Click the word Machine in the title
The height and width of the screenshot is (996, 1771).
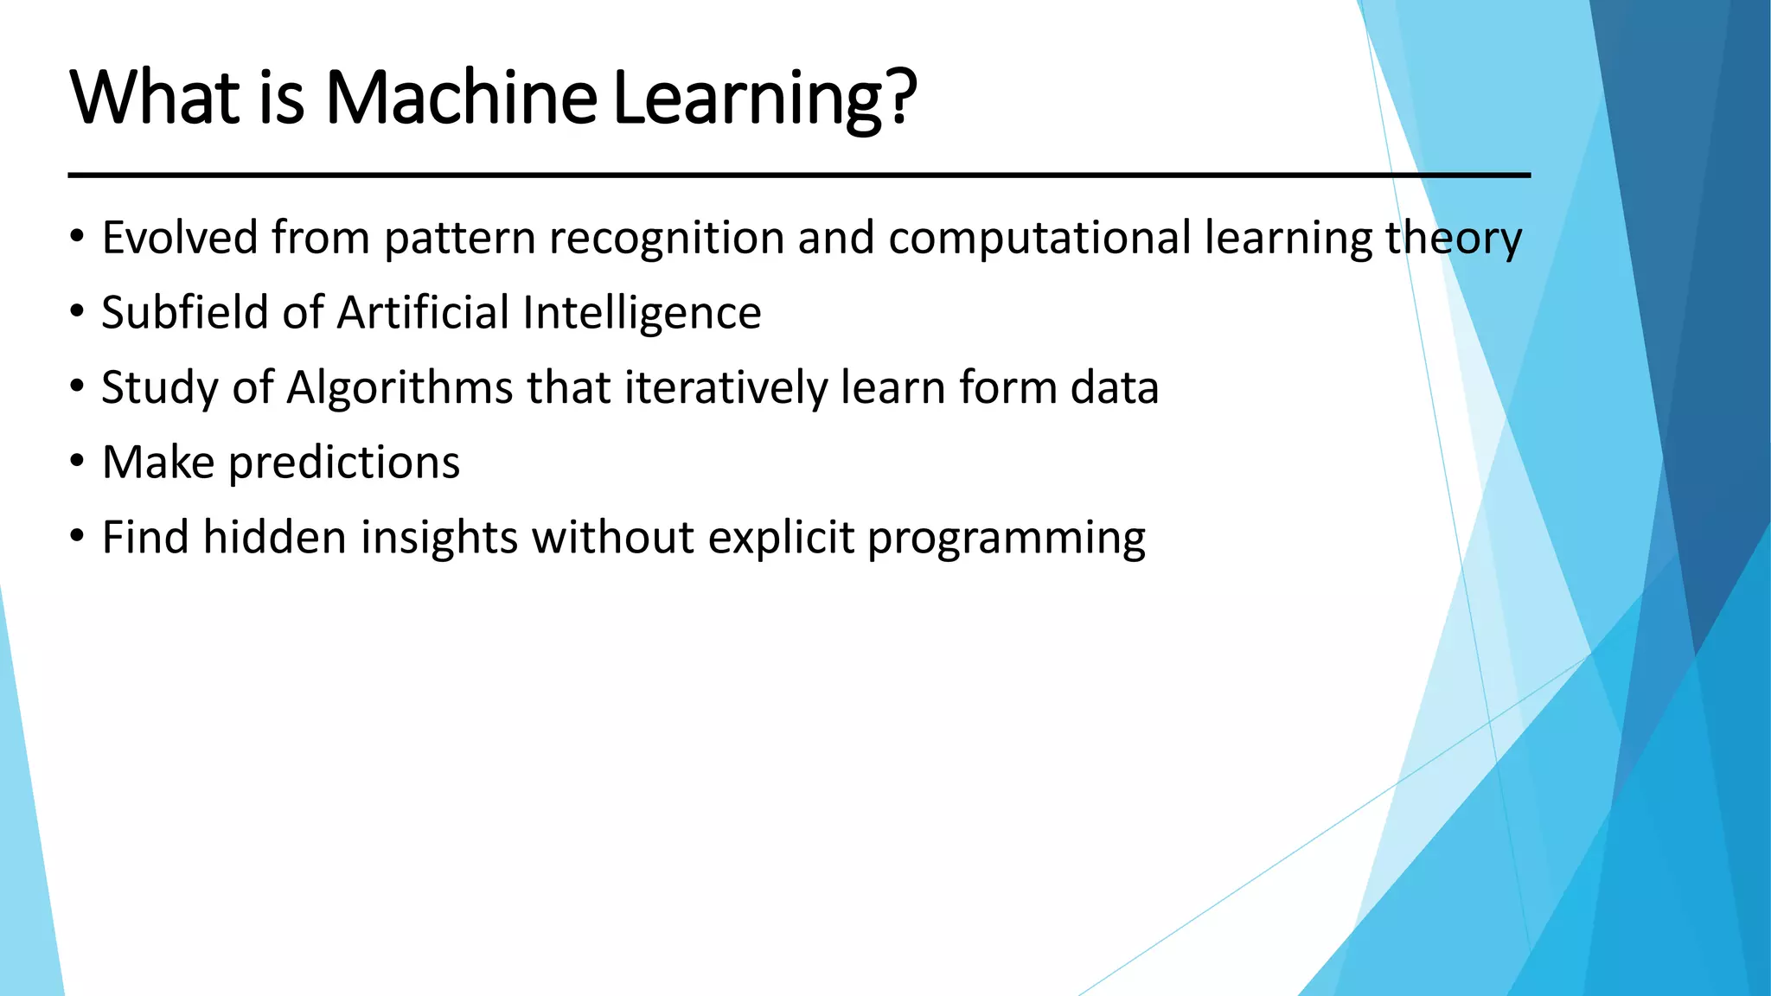click(x=460, y=97)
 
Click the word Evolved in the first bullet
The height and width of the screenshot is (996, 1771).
click(x=180, y=238)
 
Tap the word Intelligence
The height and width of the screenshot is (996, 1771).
click(x=642, y=314)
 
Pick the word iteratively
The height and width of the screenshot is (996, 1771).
click(x=726, y=388)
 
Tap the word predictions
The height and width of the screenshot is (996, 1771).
click(x=344, y=463)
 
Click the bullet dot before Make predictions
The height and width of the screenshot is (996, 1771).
click(x=78, y=462)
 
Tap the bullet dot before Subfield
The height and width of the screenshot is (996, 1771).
click(x=78, y=312)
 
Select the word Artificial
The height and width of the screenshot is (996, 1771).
click(x=423, y=312)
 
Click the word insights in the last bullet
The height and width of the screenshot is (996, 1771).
click(x=438, y=538)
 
